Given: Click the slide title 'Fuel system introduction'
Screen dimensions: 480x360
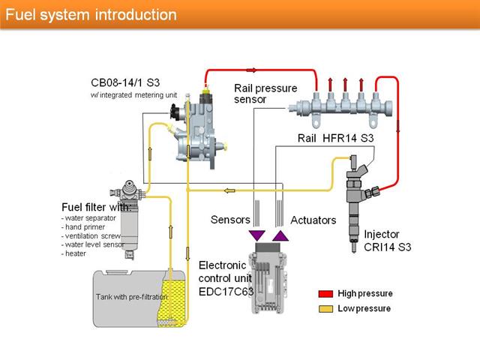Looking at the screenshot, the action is (x=91, y=15).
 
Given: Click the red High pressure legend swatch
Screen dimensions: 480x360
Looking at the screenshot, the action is (x=325, y=293).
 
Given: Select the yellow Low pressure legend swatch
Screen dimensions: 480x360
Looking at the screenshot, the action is (x=325, y=308).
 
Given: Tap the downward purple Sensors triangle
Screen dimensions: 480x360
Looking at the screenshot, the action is (x=256, y=235).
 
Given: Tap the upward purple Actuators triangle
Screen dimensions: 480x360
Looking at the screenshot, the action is (x=280, y=235).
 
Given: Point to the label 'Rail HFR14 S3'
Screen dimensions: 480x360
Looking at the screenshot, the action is (x=335, y=138).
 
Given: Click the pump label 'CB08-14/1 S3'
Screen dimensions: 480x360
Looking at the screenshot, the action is (x=125, y=82).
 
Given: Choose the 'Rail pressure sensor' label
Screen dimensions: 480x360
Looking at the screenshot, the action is (x=265, y=94).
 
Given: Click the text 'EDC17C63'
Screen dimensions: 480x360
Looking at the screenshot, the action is (x=226, y=292).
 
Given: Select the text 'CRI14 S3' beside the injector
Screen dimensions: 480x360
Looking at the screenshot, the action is (x=387, y=247).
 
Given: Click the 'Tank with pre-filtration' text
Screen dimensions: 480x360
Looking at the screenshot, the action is (x=132, y=297).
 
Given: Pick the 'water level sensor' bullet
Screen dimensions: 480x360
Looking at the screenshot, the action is (x=93, y=244).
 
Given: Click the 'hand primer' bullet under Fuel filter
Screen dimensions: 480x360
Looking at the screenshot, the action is (x=83, y=227).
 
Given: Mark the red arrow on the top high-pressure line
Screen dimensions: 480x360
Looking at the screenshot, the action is (x=252, y=70).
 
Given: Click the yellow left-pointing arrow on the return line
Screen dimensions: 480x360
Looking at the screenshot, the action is (x=229, y=190).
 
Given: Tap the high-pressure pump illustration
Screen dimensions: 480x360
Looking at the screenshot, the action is (x=198, y=128).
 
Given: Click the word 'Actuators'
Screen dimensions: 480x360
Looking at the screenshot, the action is (x=313, y=220).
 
